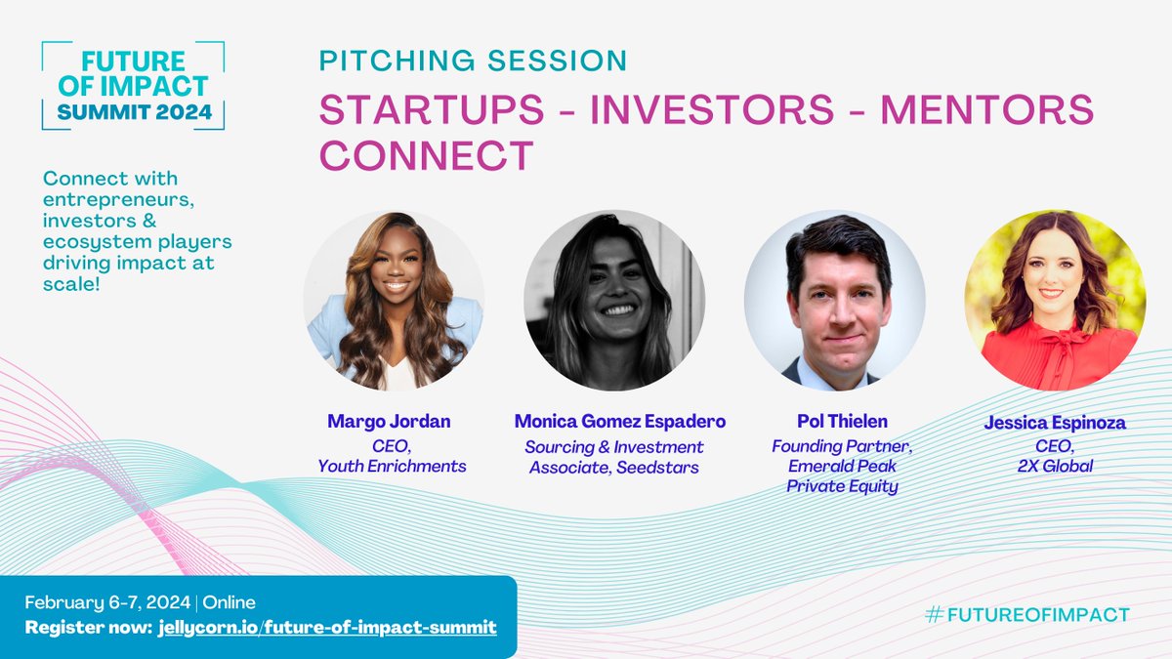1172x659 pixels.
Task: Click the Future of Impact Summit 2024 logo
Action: click(x=133, y=86)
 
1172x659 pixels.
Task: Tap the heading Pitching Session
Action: click(x=473, y=61)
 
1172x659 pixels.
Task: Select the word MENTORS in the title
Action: click(x=986, y=110)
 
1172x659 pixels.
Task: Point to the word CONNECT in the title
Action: click(x=427, y=155)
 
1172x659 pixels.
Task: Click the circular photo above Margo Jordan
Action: click(x=394, y=300)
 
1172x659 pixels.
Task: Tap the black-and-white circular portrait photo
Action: click(x=614, y=300)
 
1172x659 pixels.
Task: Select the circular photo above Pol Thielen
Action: click(x=835, y=300)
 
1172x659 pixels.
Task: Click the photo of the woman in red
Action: click(x=1056, y=300)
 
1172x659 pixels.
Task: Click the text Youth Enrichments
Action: click(x=392, y=466)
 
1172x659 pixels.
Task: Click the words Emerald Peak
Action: click(x=842, y=466)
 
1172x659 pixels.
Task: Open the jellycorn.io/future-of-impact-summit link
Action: click(x=326, y=626)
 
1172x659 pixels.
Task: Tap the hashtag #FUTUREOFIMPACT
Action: click(x=1026, y=614)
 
